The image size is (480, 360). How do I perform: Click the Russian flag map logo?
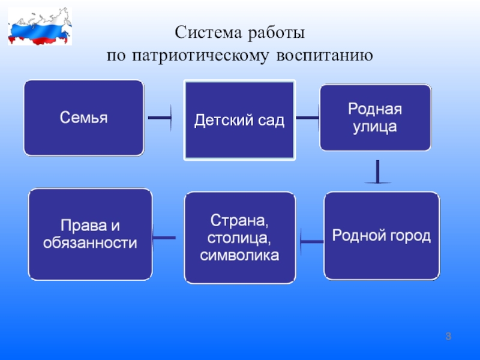pos(40,26)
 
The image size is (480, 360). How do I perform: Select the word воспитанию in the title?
pos(326,56)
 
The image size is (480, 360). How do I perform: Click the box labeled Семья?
pos(83,118)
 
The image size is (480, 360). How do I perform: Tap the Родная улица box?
pos(375,118)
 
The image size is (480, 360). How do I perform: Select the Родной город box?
pos(382,235)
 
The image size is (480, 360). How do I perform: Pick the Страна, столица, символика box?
pos(240,238)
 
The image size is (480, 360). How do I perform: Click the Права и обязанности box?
pos(90,235)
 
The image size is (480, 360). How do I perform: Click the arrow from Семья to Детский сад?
pos(160,118)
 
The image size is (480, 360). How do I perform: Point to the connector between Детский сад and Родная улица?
pos(307,118)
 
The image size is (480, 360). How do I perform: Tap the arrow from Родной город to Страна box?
pos(311,242)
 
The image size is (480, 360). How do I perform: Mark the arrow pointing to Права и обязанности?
pos(164,238)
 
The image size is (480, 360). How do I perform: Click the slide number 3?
pos(448,338)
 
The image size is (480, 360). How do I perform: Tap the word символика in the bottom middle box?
pos(240,256)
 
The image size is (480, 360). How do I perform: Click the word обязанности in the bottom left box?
pos(90,244)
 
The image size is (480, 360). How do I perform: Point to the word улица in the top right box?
pos(375,127)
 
